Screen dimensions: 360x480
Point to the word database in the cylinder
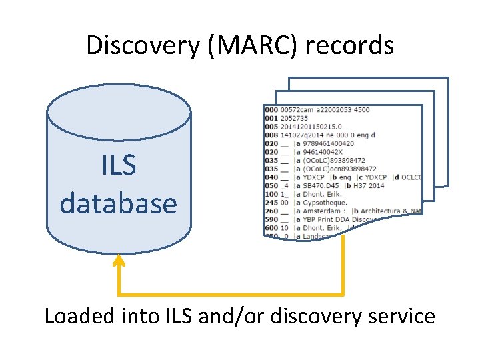click(119, 203)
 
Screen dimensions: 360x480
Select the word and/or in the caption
click(233, 315)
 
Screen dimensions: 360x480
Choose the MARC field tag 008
click(271, 135)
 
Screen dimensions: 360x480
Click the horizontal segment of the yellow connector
click(231, 294)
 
